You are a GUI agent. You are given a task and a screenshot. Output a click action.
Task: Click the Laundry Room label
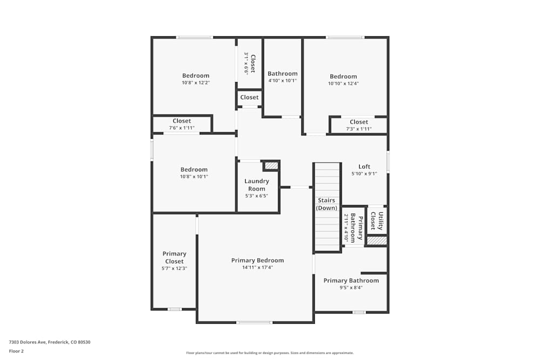point(256,185)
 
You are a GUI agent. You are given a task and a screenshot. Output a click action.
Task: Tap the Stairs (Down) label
point(327,204)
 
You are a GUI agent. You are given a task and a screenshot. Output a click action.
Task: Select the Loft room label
point(364,167)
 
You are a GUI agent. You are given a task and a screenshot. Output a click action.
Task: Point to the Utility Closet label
point(377,221)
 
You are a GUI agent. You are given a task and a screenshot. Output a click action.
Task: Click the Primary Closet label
point(174,257)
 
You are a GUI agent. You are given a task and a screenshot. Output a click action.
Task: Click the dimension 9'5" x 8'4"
point(351,288)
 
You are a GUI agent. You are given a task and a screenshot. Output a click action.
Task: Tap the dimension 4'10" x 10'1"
point(282,81)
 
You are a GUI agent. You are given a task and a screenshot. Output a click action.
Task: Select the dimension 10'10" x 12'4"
point(343,84)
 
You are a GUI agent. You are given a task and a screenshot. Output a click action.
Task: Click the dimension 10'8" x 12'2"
point(195,83)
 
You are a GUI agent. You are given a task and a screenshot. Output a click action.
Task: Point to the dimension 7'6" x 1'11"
point(182,128)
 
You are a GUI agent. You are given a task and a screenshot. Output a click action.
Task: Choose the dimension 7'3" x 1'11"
point(359,129)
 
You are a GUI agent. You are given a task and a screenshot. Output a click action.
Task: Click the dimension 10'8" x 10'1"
point(194,176)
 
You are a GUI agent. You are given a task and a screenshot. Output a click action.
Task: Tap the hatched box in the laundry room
point(271,166)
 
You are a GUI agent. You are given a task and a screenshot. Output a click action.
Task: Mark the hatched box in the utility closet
point(377,240)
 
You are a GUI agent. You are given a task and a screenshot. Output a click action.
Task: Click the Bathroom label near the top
point(282,74)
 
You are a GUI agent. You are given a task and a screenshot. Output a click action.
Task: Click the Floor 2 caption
point(16,351)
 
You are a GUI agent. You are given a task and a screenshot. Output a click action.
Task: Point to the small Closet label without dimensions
point(249,98)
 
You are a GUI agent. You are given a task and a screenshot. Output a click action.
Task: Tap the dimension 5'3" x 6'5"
point(256,196)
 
